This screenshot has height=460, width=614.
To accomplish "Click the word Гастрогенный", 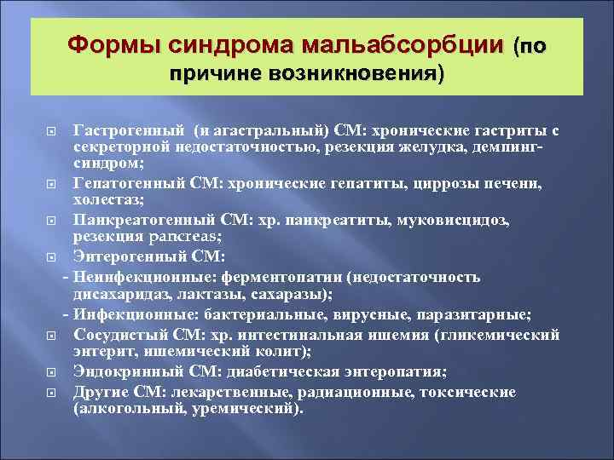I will tap(129, 129).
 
